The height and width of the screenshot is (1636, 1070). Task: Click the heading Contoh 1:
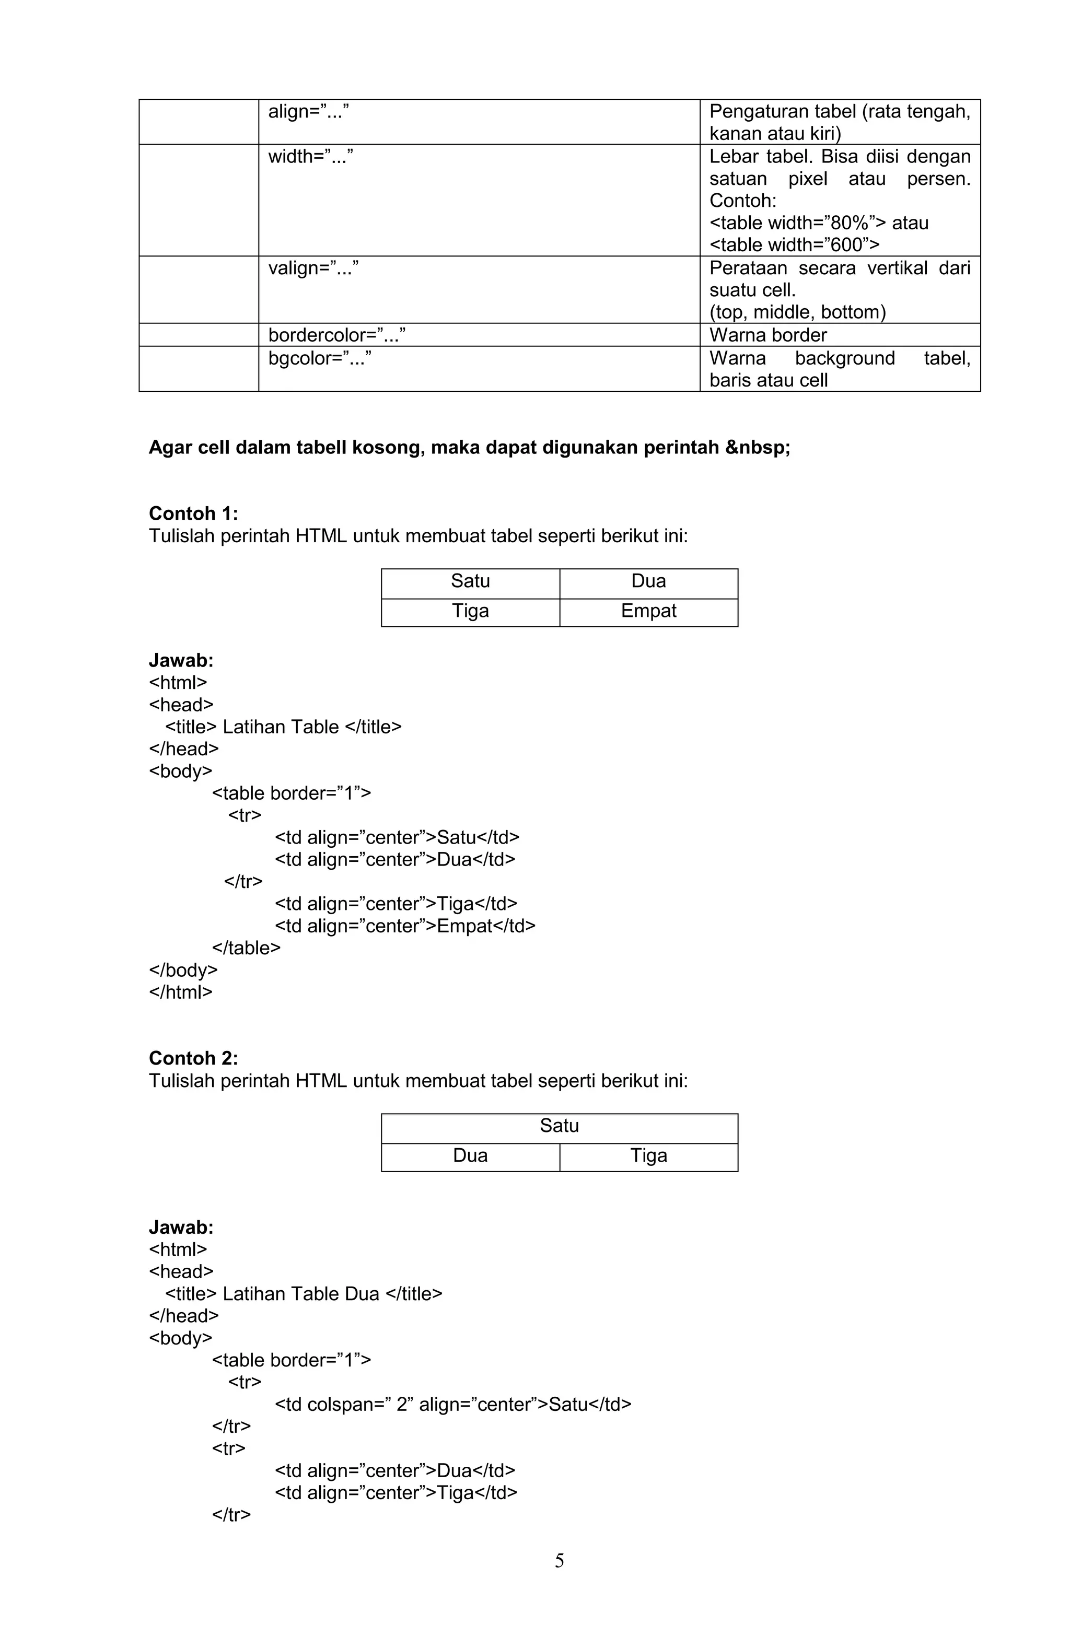pos(193,513)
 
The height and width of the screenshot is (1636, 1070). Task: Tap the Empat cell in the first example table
pos(648,611)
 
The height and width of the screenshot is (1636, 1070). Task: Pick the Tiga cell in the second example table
pos(648,1155)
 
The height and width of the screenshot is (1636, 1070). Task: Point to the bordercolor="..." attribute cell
pos(337,335)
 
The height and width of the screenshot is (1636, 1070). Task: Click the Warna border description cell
pos(767,335)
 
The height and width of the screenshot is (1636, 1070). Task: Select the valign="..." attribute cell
pos(313,268)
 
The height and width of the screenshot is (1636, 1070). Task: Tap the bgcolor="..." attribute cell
pos(320,358)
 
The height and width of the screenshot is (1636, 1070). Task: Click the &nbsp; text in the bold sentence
pos(757,448)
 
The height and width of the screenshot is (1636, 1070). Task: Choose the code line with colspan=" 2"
pos(452,1405)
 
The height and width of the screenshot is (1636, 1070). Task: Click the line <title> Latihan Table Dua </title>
pos(303,1294)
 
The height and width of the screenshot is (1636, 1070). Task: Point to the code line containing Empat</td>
pos(404,926)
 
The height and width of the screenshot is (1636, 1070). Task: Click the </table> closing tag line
pos(246,948)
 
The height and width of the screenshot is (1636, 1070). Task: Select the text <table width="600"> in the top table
pos(794,244)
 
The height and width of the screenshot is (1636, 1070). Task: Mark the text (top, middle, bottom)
pos(797,312)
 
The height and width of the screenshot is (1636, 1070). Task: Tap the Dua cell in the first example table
pos(648,581)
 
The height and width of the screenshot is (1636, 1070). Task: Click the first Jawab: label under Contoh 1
pos(181,661)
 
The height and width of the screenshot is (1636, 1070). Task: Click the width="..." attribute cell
pos(311,157)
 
